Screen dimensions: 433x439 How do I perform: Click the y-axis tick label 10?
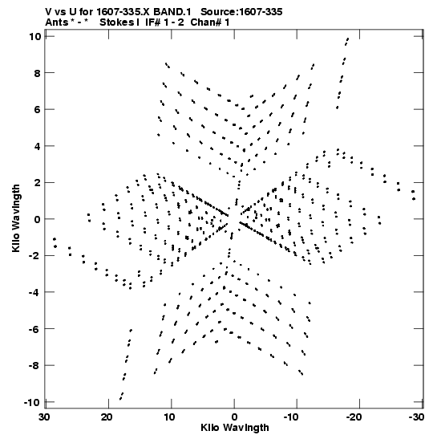click(x=35, y=36)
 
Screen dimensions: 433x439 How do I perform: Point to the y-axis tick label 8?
click(x=38, y=73)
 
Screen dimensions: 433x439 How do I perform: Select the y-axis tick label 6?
click(x=38, y=109)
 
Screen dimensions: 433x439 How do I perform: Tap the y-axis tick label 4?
click(x=38, y=146)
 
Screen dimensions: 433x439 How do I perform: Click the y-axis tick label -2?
click(x=35, y=256)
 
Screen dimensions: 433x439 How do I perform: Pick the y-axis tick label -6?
click(x=35, y=329)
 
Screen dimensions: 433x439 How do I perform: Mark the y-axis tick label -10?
click(x=32, y=402)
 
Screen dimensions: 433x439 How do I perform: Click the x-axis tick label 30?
click(x=44, y=417)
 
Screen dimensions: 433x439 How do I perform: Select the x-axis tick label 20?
click(x=107, y=417)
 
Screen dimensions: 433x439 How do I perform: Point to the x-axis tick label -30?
click(x=416, y=417)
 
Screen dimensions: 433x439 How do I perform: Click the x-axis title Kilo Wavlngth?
click(x=235, y=429)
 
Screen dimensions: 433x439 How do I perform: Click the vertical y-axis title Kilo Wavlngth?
click(x=16, y=218)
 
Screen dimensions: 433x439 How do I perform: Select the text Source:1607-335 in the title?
click(x=241, y=12)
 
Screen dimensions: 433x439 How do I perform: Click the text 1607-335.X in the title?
click(x=123, y=12)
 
